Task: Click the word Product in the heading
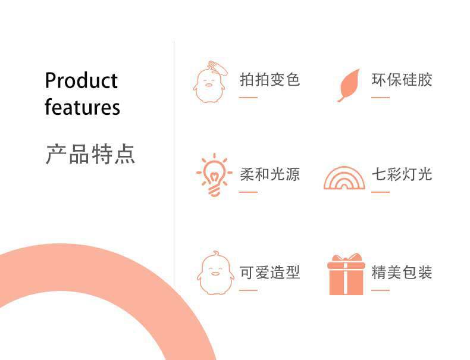(x=82, y=80)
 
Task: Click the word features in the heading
(x=82, y=107)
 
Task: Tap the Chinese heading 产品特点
(x=90, y=154)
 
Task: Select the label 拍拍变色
(x=270, y=80)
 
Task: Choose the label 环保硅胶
(x=402, y=80)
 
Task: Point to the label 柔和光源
(x=270, y=174)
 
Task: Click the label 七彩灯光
(x=402, y=174)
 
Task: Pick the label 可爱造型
(x=270, y=273)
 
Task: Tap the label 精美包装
(x=402, y=273)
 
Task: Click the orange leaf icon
(x=349, y=86)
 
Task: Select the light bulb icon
(x=214, y=175)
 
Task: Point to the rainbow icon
(x=344, y=178)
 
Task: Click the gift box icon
(x=346, y=274)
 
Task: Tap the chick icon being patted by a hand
(x=210, y=82)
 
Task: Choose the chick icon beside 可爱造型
(x=215, y=273)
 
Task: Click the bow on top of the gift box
(x=346, y=258)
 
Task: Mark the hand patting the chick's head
(x=218, y=68)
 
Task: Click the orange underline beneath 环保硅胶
(x=380, y=98)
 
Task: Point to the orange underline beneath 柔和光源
(x=248, y=192)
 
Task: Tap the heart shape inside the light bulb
(x=214, y=176)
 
